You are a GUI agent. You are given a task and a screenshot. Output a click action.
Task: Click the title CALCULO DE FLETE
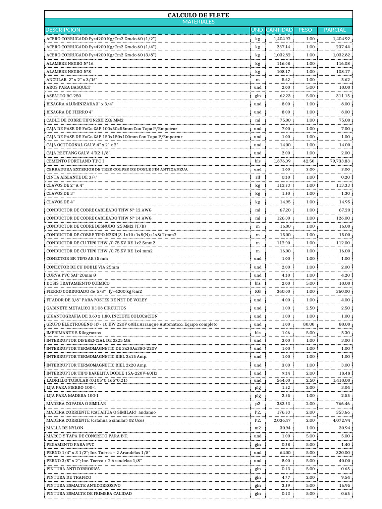click(x=198, y=15)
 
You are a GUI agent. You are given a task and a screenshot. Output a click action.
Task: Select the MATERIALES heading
click(x=198, y=22)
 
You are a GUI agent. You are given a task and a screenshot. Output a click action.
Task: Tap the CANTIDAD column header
click(x=279, y=30)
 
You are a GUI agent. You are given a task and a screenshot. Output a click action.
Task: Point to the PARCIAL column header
click(x=334, y=30)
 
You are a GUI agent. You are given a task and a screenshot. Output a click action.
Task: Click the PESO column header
click(x=305, y=30)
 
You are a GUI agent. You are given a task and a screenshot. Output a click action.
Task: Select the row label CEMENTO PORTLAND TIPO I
click(x=75, y=161)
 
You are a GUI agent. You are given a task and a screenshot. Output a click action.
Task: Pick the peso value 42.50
click(x=309, y=161)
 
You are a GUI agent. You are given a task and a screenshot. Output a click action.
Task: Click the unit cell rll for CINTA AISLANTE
click(x=258, y=177)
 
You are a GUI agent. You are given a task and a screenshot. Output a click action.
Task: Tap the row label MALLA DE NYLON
click(x=65, y=428)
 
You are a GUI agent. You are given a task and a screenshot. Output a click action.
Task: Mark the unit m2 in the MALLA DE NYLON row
click(x=258, y=428)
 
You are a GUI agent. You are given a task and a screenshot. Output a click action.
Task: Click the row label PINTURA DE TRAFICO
click(x=69, y=477)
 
